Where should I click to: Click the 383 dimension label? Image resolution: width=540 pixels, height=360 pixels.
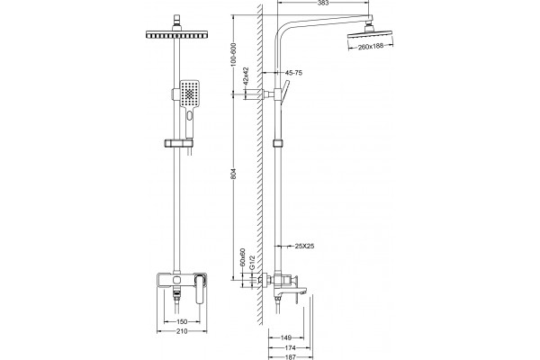pos(323,3)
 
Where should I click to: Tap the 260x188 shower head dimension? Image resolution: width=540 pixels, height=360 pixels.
pos(370,47)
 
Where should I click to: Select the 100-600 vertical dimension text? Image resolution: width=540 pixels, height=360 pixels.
pos(233,54)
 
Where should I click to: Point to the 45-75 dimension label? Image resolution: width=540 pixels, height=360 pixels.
pos(293,73)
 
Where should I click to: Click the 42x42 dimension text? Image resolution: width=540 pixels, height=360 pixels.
pos(246,76)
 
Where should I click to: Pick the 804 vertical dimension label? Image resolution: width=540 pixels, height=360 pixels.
pos(234,174)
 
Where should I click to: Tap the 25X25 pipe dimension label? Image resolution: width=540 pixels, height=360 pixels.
pos(304,246)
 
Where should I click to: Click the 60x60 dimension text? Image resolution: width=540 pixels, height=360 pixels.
pos(242,256)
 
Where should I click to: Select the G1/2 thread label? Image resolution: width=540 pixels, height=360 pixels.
pos(252,263)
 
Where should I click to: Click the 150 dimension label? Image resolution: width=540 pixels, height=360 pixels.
pos(182,322)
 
